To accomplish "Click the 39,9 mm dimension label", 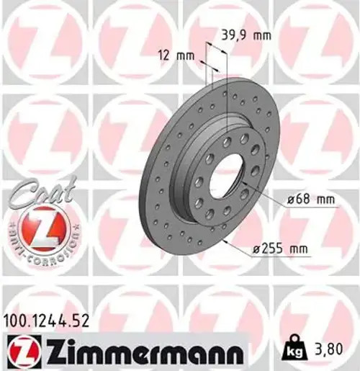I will click(x=240, y=33).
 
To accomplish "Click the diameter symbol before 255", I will click(x=257, y=249).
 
